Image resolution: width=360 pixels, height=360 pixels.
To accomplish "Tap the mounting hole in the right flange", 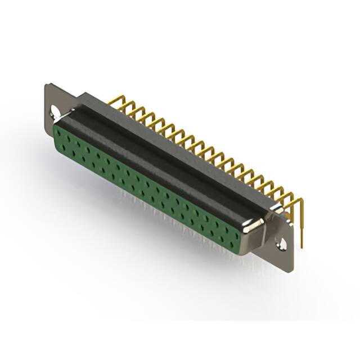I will pyautogui.click(x=282, y=244).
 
